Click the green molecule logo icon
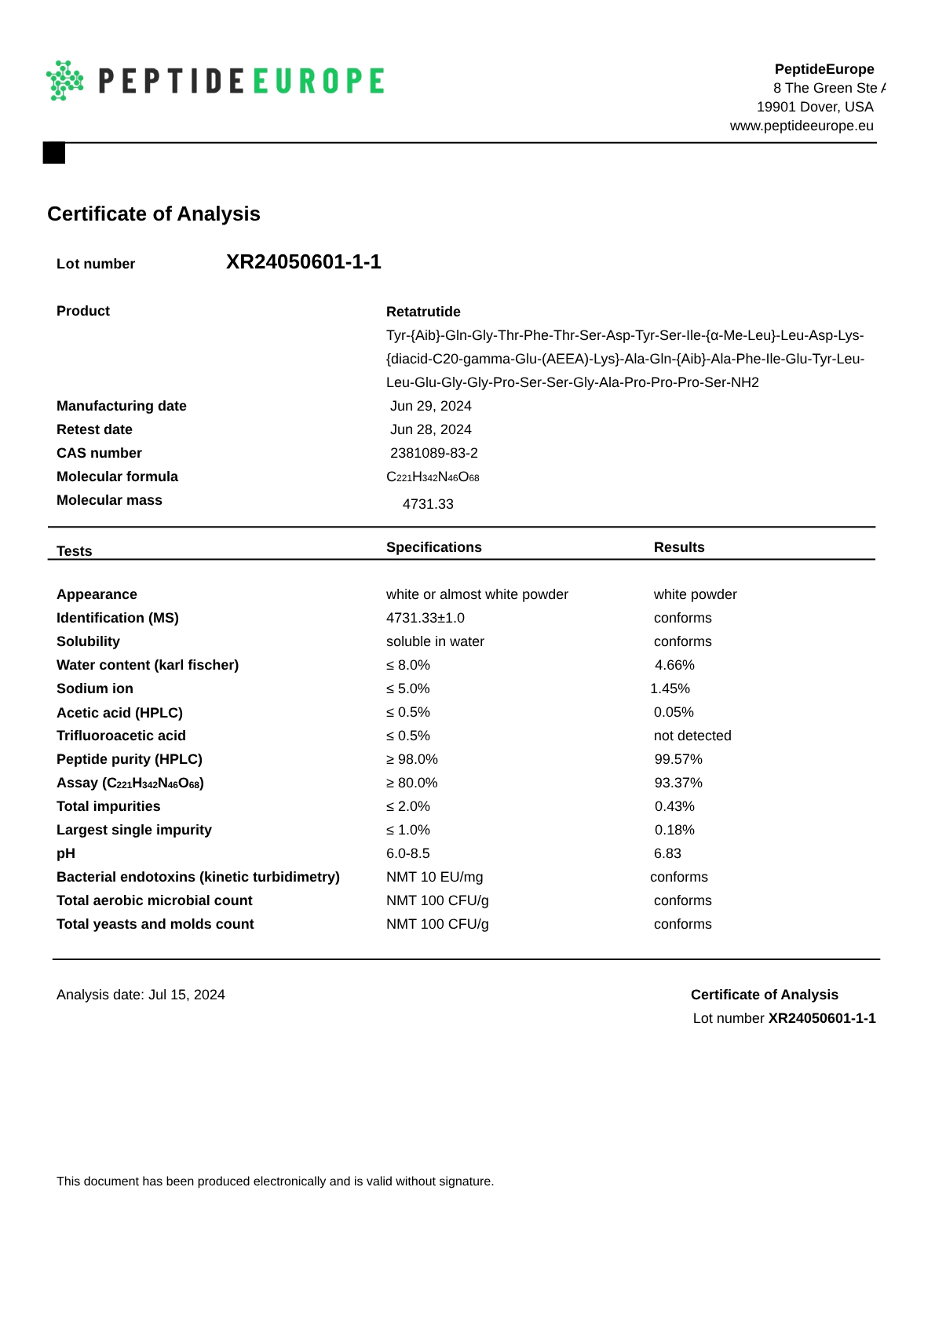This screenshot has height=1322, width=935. (x=65, y=80)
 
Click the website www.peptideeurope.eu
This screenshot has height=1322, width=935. (x=801, y=126)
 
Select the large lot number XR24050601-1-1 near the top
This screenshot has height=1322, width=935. (x=303, y=262)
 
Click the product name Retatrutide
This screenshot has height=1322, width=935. (x=423, y=312)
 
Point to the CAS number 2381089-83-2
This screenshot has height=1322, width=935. (x=433, y=453)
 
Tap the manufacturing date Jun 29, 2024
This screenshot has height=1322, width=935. (x=430, y=406)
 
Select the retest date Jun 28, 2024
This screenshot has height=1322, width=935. (x=430, y=429)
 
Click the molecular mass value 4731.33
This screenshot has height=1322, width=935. (x=428, y=504)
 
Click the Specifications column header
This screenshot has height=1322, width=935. (x=433, y=547)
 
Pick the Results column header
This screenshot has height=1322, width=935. (x=679, y=547)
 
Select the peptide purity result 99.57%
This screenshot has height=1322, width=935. (x=678, y=759)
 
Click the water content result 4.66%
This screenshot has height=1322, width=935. (x=674, y=665)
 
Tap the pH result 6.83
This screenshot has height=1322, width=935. (x=667, y=853)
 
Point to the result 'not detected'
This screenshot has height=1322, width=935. (x=692, y=736)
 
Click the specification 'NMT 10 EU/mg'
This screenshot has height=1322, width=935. (x=434, y=877)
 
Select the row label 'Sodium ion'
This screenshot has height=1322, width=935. (x=95, y=688)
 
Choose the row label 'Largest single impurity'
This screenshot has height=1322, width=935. (x=134, y=830)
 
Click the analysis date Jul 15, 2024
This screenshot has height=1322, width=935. (x=187, y=995)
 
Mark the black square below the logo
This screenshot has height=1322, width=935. (x=54, y=153)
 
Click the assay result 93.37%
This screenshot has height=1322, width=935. (x=678, y=783)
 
